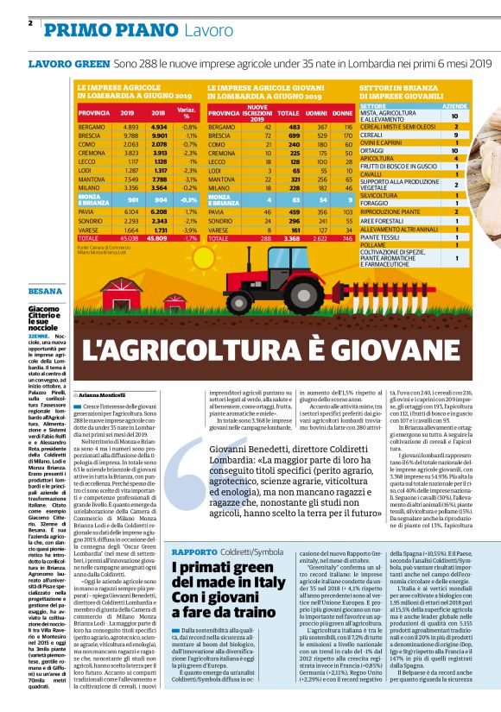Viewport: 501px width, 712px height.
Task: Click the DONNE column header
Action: [x=342, y=113]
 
